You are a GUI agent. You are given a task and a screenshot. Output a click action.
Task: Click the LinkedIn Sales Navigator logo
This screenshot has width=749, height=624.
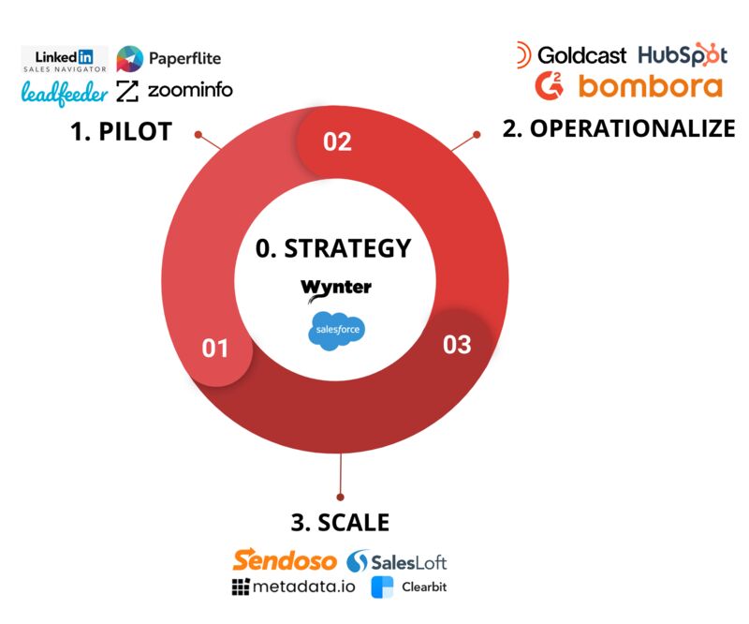point(65,60)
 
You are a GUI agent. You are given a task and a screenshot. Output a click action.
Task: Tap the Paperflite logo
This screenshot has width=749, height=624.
point(169,59)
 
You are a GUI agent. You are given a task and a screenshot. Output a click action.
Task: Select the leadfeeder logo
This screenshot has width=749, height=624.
point(65,92)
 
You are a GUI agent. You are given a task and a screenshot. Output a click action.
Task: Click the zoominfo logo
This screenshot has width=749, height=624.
point(174,90)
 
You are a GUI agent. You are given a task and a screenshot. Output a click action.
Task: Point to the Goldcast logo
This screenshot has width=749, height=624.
point(571,55)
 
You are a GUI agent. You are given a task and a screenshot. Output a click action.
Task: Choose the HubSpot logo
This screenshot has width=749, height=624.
point(683,54)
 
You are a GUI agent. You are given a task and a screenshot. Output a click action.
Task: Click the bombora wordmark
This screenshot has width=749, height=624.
point(651,86)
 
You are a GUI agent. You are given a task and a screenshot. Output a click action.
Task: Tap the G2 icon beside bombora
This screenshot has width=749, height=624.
point(550,86)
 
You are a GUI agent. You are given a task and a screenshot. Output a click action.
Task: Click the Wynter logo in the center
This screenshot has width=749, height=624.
point(336,290)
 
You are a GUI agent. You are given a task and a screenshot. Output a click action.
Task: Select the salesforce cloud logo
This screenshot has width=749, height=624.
point(337,331)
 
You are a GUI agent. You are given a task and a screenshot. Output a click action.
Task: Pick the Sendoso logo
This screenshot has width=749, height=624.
point(285,560)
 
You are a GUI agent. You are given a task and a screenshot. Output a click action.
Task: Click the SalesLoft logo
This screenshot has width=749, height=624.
point(396,561)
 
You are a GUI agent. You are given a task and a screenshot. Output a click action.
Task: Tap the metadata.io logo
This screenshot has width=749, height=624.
point(293,587)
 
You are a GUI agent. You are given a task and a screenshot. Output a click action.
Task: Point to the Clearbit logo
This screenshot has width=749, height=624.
point(409,587)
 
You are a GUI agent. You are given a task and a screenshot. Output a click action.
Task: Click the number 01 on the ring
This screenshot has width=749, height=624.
point(215,349)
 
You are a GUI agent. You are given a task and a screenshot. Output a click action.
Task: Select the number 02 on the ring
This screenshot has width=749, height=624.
point(337,141)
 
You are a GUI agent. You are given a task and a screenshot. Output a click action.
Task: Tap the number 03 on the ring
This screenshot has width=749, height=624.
point(457,345)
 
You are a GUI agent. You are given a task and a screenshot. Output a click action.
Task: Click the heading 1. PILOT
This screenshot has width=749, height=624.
point(122,131)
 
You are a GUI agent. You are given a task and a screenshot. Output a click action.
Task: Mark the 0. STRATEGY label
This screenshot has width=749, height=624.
point(333,248)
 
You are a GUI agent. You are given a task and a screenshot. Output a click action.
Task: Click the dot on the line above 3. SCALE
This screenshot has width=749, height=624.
point(340,498)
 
